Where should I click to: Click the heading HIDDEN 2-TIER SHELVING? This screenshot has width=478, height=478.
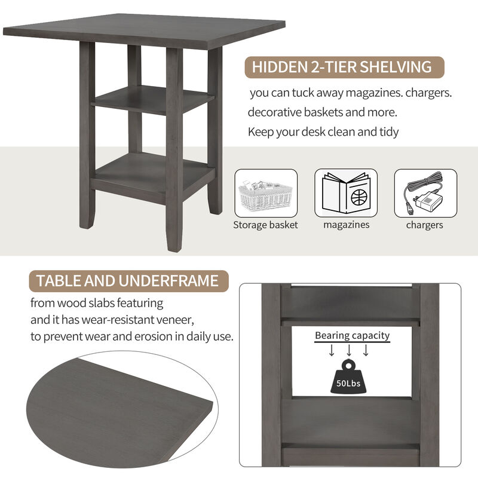pyautogui.click(x=342, y=67)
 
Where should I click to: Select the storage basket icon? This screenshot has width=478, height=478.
pyautogui.click(x=266, y=193)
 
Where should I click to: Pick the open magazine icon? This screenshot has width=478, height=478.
pyautogui.click(x=346, y=193)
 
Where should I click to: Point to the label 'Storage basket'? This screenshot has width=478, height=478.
pyautogui.click(x=265, y=225)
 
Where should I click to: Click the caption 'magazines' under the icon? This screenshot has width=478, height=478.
pyautogui.click(x=347, y=225)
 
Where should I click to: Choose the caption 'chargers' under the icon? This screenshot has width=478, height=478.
pyautogui.click(x=424, y=225)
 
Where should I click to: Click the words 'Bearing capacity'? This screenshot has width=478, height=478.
pyautogui.click(x=352, y=335)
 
